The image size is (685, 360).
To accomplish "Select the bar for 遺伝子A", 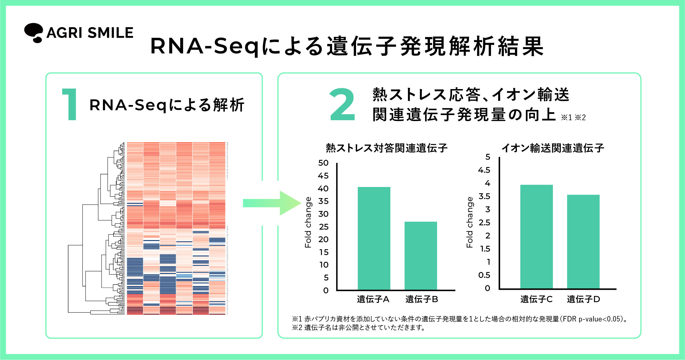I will click(x=374, y=238).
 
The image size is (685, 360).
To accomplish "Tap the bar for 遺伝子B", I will click(x=421, y=256).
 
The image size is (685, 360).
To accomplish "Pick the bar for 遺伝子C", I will click(x=536, y=237).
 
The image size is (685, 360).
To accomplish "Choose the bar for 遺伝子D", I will click(x=583, y=242).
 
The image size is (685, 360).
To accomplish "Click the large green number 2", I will click(x=342, y=104).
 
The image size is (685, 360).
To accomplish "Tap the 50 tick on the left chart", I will click(x=323, y=163).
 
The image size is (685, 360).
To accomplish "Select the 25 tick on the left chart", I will click(x=324, y=227).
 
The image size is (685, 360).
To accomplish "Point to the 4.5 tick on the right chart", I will click(x=484, y=170).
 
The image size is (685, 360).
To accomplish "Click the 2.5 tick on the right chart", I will click(x=484, y=223).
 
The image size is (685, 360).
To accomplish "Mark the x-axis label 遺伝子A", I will click(x=373, y=299).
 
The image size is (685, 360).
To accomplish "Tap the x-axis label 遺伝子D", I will click(x=583, y=299).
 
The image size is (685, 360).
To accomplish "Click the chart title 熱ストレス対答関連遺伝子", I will click(x=387, y=148).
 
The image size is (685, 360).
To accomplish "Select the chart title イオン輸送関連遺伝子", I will click(x=553, y=148).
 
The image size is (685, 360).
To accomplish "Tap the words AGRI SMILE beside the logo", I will click(x=90, y=33).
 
